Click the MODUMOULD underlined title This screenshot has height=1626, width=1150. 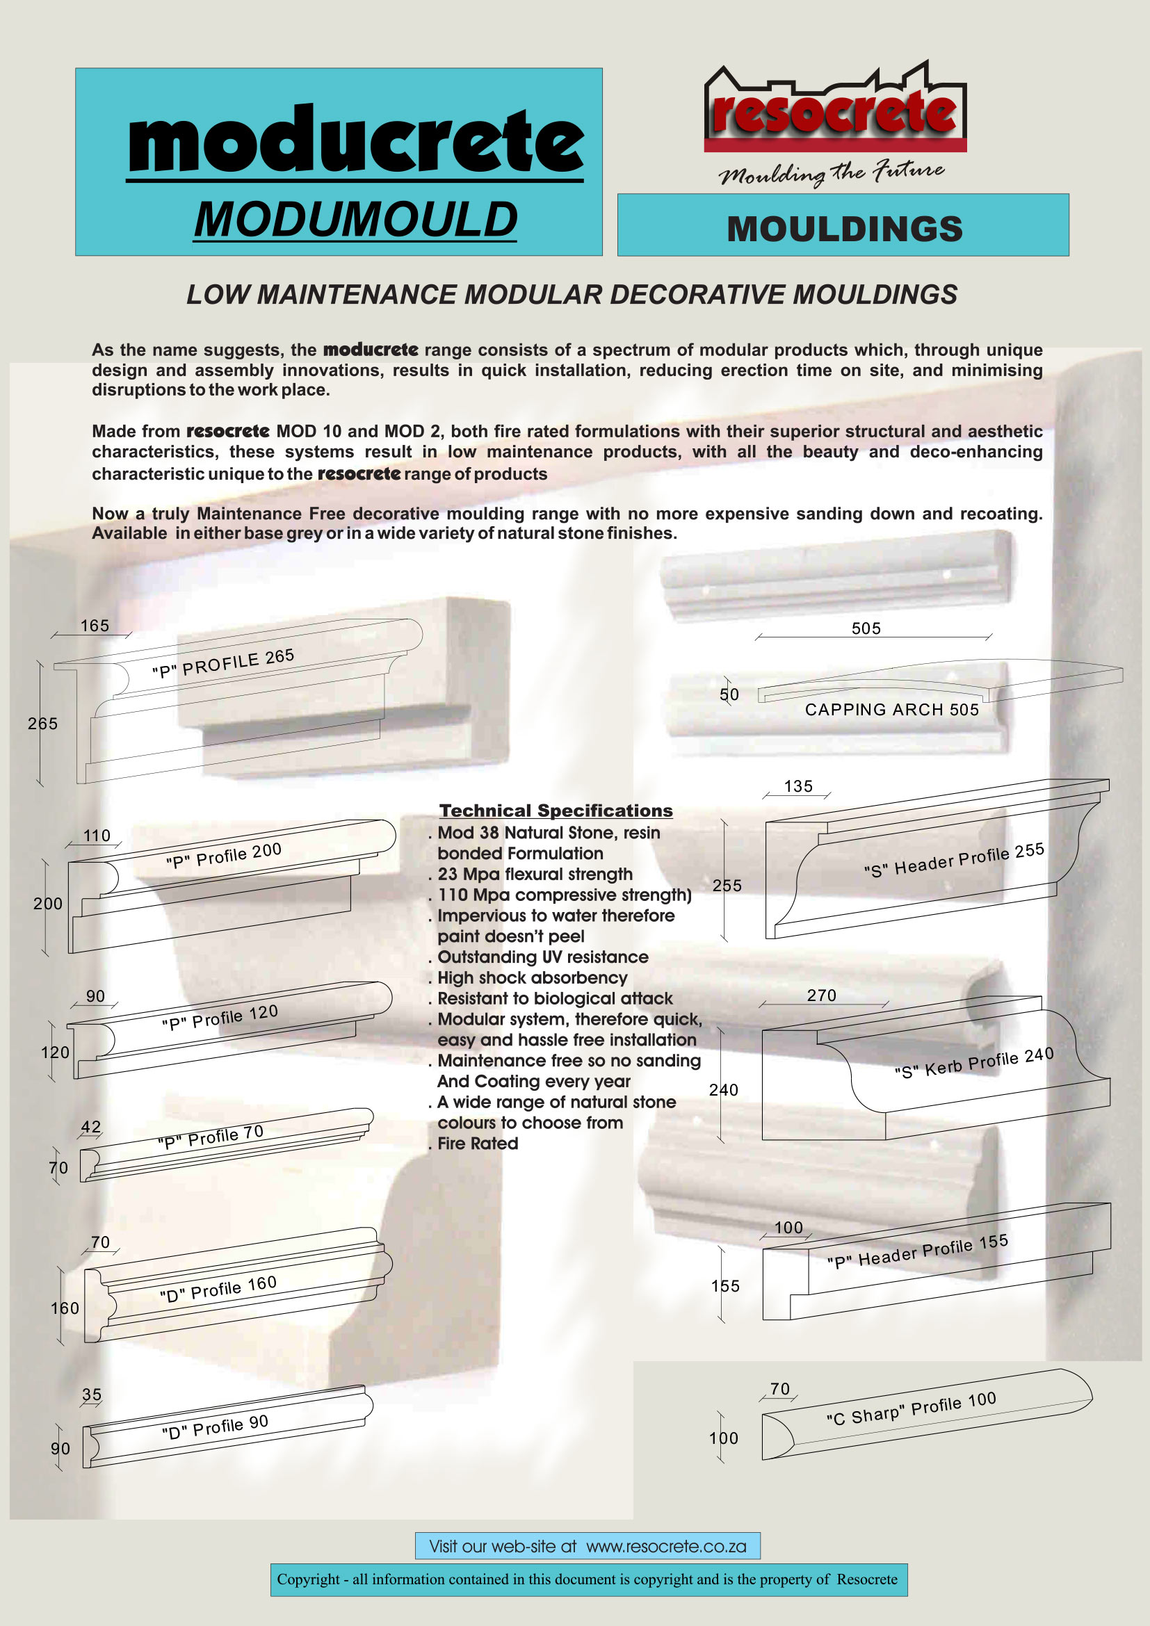[x=355, y=220]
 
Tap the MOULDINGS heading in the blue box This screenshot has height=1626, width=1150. [x=844, y=229]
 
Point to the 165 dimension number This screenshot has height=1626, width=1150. [x=95, y=626]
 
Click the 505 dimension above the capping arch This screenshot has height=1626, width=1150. [x=866, y=628]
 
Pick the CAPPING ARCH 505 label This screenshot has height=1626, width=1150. [x=891, y=710]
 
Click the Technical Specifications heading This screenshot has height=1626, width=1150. [x=556, y=810]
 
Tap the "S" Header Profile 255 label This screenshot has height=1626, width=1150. [x=954, y=860]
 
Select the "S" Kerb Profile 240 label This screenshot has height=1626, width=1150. [x=973, y=1063]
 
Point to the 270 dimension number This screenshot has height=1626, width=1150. [x=821, y=995]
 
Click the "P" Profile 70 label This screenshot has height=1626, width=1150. [x=210, y=1137]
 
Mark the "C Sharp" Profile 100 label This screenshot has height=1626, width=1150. [x=912, y=1408]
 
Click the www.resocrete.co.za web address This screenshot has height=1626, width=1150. [x=666, y=1546]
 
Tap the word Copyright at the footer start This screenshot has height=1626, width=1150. [x=308, y=1579]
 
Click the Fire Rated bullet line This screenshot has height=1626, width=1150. [x=477, y=1143]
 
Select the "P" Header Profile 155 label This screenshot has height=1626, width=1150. [x=918, y=1251]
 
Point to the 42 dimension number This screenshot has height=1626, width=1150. [x=90, y=1127]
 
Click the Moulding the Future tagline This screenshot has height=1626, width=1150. [x=832, y=172]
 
